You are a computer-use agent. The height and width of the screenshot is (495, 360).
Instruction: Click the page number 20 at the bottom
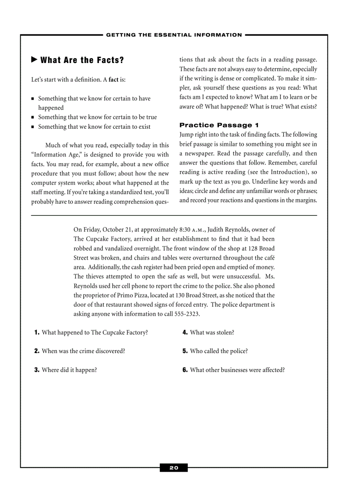pyautogui.click(x=174, y=468)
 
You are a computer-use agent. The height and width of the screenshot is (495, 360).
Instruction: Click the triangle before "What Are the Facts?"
pyautogui.click(x=34, y=60)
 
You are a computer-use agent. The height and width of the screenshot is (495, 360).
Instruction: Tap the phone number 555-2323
pyautogui.click(x=186, y=314)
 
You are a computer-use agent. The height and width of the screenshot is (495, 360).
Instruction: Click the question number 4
pyautogui.click(x=185, y=332)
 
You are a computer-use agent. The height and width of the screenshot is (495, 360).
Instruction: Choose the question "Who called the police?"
pyautogui.click(x=219, y=351)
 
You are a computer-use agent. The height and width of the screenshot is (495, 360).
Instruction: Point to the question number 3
pyautogui.click(x=37, y=370)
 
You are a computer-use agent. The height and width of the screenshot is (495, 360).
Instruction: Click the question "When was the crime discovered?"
pyautogui.click(x=83, y=351)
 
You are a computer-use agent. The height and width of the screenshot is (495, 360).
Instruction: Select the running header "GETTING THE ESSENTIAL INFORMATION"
pyautogui.click(x=174, y=35)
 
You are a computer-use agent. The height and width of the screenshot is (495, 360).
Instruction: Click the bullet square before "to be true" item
pyautogui.click(x=33, y=118)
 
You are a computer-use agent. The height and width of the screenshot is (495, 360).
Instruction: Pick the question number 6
pyautogui.click(x=185, y=370)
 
